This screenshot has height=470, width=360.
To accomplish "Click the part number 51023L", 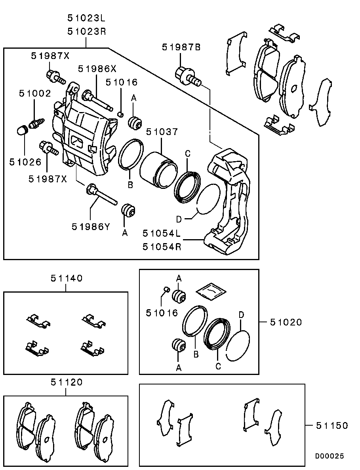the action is click(x=86, y=18).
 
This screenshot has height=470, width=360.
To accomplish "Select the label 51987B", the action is click(x=181, y=47).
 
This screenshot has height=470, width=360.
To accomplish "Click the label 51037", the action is click(x=162, y=131).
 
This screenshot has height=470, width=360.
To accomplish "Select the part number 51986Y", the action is click(x=91, y=226).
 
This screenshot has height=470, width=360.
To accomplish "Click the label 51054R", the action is click(x=162, y=247).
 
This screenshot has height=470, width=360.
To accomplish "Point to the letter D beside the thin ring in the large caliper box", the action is click(x=179, y=219).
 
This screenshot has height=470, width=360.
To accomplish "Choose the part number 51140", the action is click(x=66, y=278).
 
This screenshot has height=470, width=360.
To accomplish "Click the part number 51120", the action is click(x=66, y=382).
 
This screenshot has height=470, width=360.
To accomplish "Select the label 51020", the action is click(x=286, y=322).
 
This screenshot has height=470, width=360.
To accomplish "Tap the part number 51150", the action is click(x=332, y=425).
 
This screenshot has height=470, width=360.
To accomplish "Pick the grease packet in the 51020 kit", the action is click(x=211, y=290).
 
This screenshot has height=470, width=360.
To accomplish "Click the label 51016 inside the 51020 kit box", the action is click(x=162, y=313).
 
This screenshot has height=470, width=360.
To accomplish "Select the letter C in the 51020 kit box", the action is click(x=218, y=366).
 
